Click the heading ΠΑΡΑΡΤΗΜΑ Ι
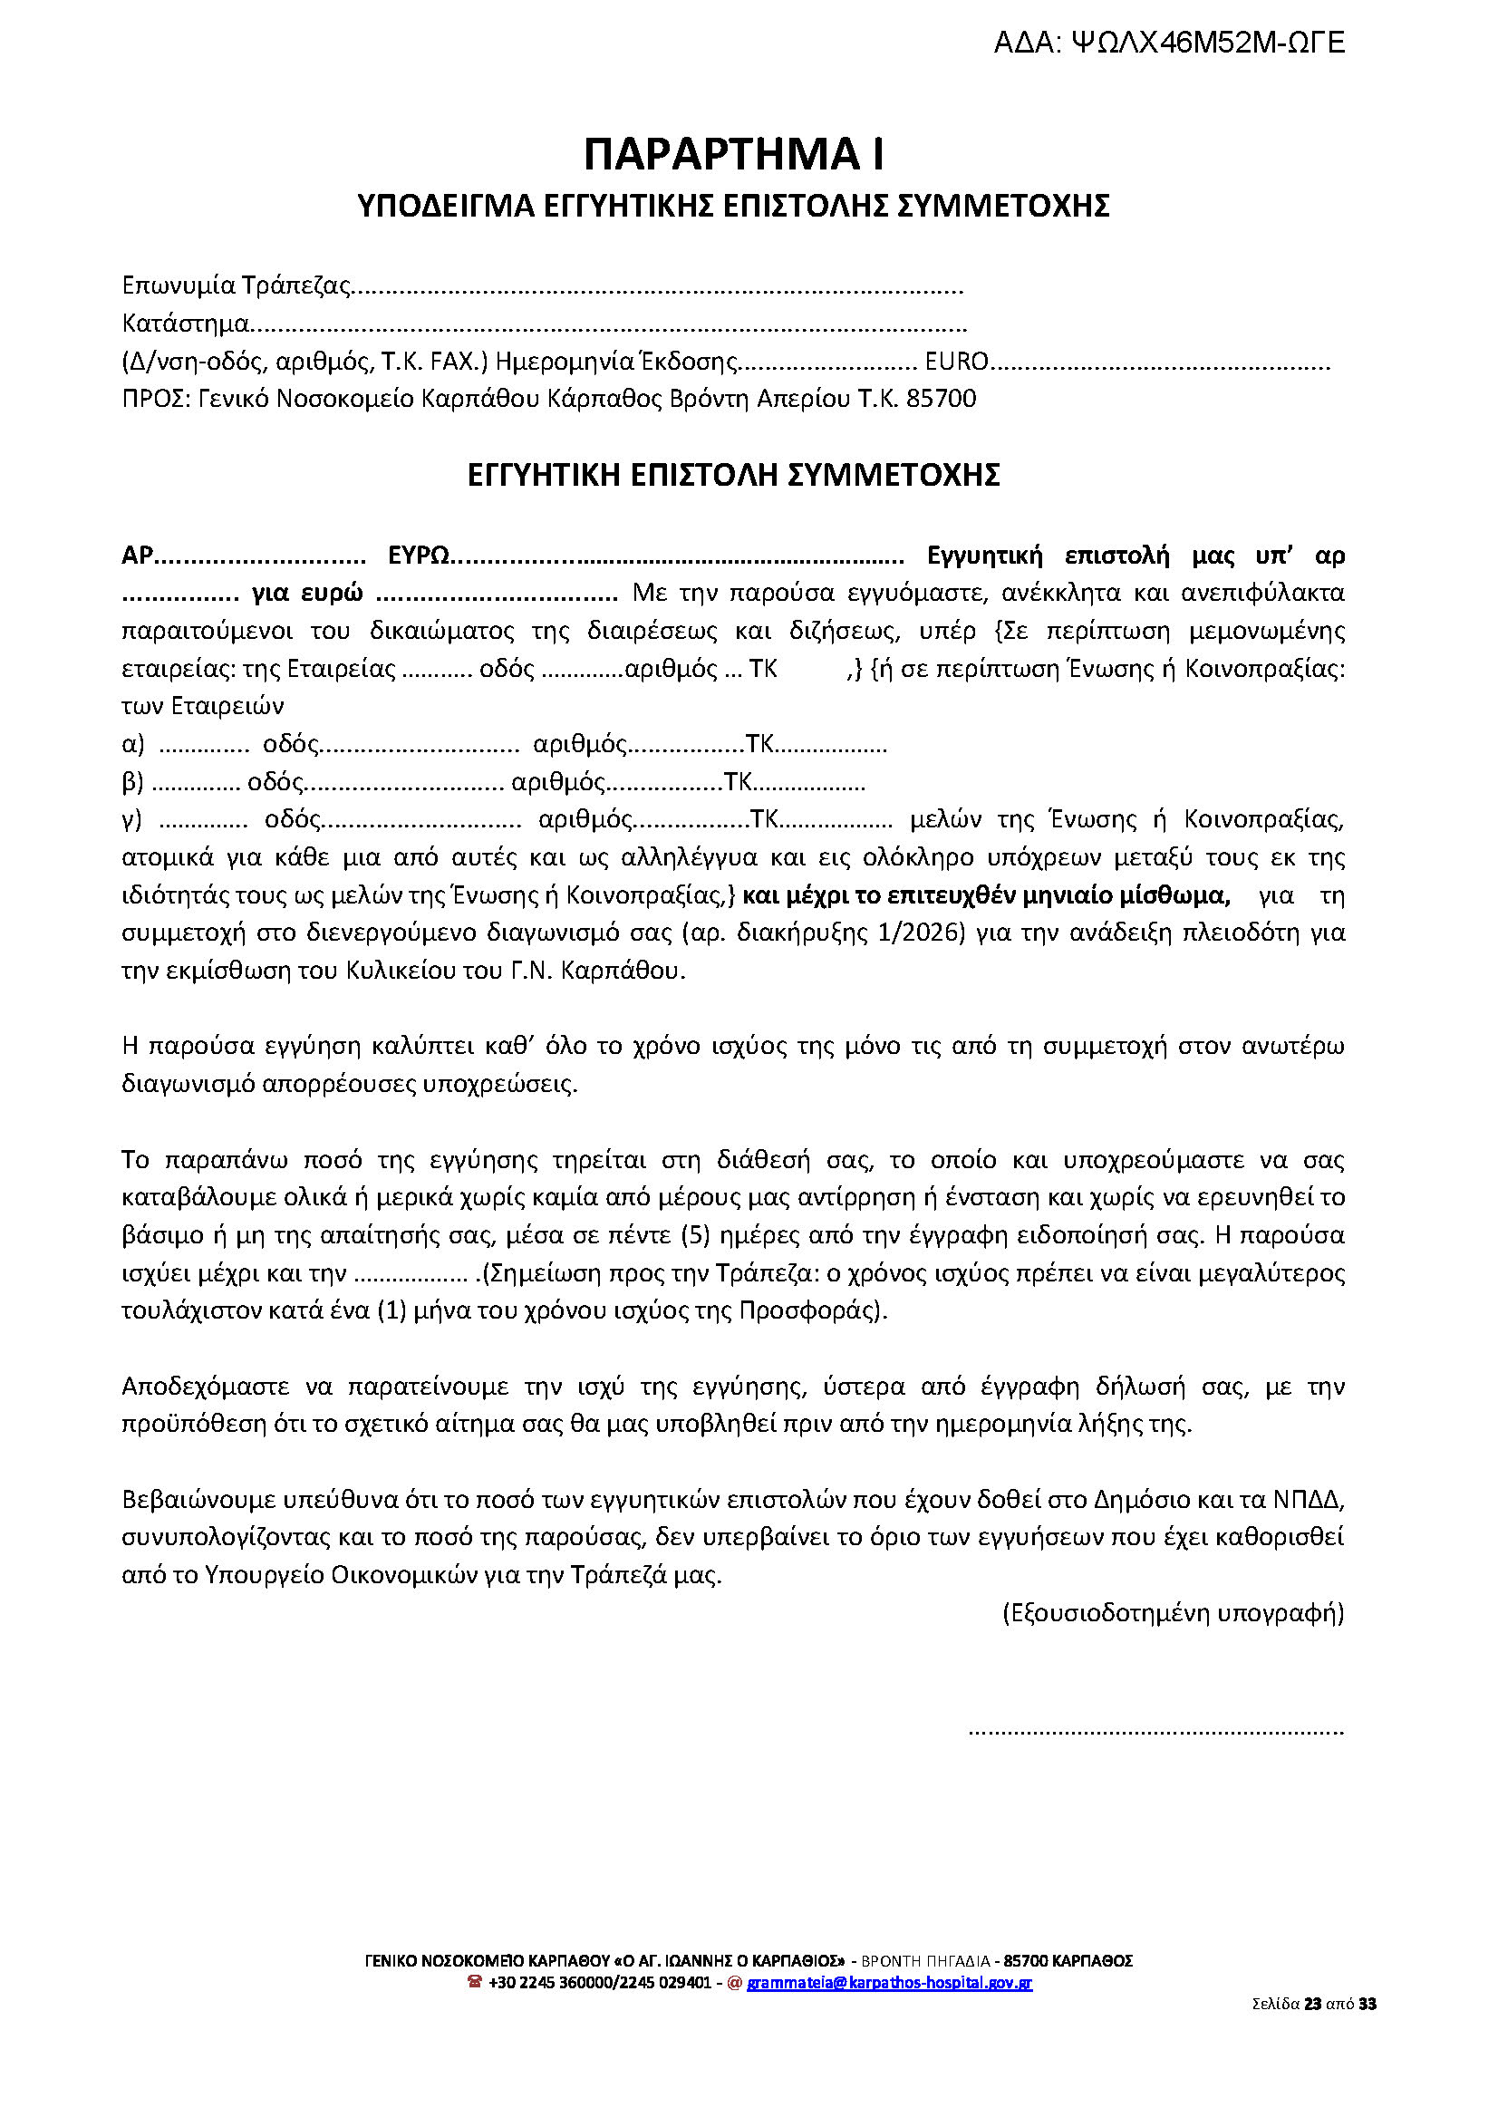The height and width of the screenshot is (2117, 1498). point(734,155)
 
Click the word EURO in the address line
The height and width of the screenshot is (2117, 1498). point(957,362)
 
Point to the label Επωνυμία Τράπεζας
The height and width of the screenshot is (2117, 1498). point(237,286)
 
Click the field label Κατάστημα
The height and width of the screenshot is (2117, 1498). point(186,324)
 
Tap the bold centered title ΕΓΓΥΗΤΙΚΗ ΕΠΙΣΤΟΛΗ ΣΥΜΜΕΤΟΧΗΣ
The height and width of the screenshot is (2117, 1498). point(733,475)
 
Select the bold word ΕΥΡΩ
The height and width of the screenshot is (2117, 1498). point(418,556)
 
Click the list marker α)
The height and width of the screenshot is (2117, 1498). point(133,743)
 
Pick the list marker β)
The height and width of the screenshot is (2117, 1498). point(133,782)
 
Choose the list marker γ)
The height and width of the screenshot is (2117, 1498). point(132,819)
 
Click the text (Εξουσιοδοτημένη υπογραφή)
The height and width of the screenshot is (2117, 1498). point(1174,1613)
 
